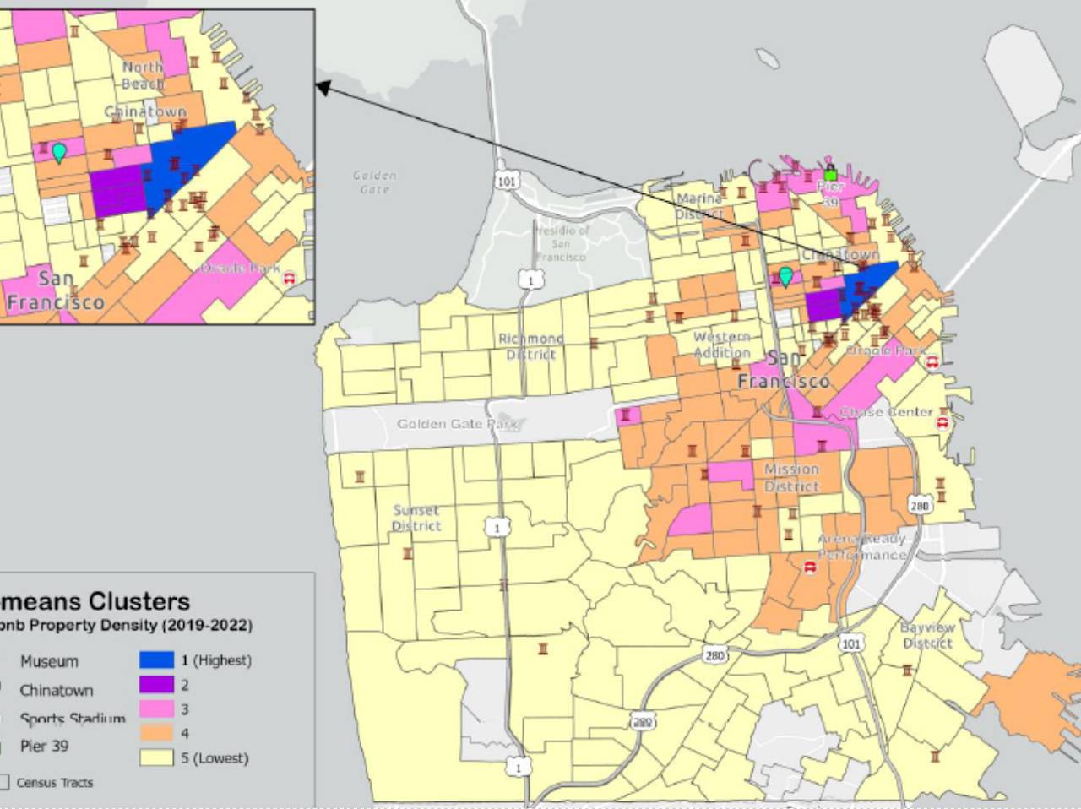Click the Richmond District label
530,346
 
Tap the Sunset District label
416,518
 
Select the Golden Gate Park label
457,424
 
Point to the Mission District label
791,477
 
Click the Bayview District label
927,635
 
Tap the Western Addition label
721,345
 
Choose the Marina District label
699,206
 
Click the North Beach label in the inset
143,75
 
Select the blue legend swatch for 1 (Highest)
156,660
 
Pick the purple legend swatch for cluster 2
156,685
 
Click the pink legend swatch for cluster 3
156,709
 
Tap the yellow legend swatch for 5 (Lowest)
156,758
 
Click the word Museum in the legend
49,661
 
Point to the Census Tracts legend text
55,783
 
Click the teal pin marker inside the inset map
59,152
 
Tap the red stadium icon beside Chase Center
942,421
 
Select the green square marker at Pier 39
830,175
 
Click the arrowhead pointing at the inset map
322,85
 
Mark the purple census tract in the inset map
117,190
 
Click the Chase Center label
886,412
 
